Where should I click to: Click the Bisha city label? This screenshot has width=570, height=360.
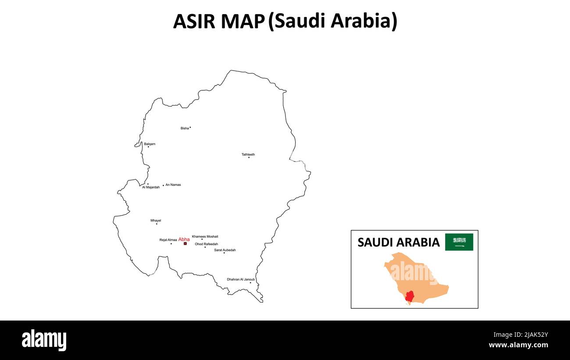click(185, 128)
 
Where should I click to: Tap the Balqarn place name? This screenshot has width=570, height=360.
click(150, 144)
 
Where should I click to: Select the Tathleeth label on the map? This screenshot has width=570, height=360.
click(248, 154)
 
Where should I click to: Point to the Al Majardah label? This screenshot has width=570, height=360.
click(151, 187)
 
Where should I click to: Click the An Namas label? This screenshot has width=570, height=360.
click(173, 185)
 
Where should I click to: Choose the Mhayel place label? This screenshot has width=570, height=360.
click(156, 221)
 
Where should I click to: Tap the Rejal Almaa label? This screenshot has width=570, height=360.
click(168, 240)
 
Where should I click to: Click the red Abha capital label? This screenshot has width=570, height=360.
click(184, 239)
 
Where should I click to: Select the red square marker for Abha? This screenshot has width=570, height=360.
click(185, 243)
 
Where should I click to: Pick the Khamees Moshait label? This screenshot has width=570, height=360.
click(205, 236)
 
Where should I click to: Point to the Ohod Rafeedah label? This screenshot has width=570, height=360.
click(207, 244)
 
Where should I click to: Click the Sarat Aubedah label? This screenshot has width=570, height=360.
click(225, 250)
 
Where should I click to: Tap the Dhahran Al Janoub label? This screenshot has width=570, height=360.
click(241, 279)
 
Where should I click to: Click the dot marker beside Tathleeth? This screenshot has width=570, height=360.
click(249, 157)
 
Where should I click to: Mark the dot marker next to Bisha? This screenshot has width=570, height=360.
click(190, 128)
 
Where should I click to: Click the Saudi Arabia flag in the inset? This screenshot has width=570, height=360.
click(459, 242)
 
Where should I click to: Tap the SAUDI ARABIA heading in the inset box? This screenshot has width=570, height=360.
click(398, 242)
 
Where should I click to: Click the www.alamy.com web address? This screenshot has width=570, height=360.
click(518, 345)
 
